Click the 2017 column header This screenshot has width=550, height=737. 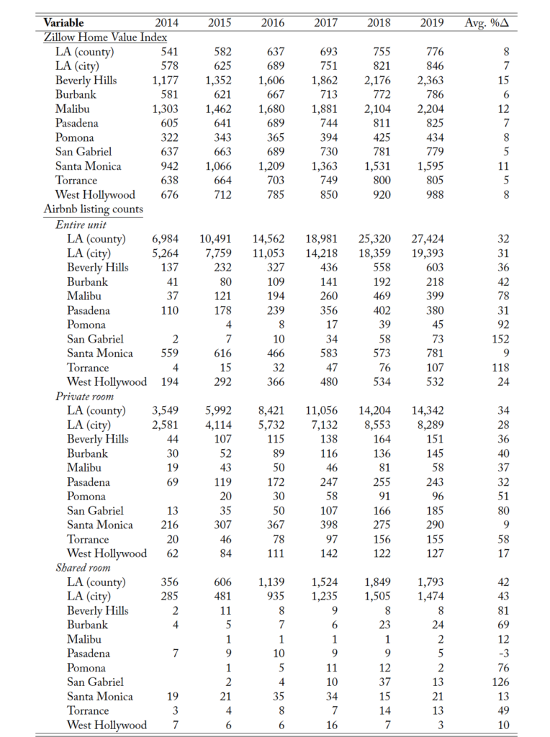(326, 23)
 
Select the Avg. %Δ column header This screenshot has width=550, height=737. (487, 23)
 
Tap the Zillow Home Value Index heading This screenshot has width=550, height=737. (106, 37)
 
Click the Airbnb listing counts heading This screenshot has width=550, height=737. (94, 209)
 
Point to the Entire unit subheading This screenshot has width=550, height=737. (80, 224)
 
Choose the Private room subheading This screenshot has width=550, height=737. (85, 396)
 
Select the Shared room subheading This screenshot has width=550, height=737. (83, 567)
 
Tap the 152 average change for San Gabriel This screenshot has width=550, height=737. (500, 338)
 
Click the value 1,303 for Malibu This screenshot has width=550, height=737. (165, 109)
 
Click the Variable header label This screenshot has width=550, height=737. (63, 23)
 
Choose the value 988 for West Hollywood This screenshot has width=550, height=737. (432, 195)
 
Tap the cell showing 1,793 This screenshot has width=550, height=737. (430, 582)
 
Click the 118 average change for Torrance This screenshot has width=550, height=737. (500, 367)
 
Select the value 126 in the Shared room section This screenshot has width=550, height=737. (500, 682)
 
